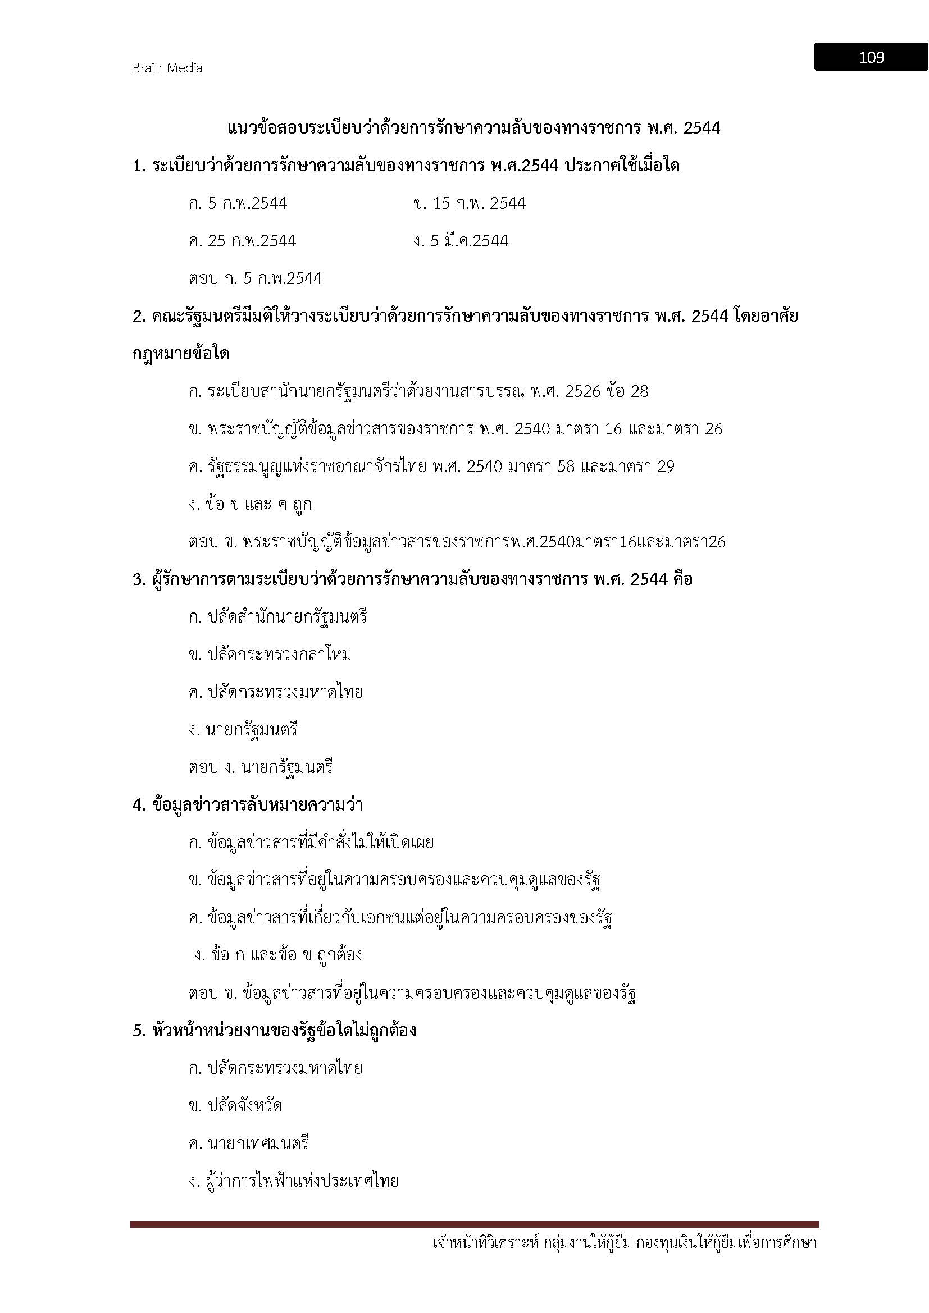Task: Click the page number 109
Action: click(871, 57)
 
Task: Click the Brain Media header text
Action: click(167, 68)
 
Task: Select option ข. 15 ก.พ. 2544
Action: click(469, 204)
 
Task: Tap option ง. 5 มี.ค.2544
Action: click(461, 241)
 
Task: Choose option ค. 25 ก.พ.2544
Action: click(242, 241)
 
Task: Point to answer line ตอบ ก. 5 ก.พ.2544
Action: click(255, 279)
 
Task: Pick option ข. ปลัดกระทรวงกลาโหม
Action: click(270, 655)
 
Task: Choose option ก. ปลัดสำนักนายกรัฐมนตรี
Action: click(277, 617)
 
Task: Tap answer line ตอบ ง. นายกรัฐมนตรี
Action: click(260, 767)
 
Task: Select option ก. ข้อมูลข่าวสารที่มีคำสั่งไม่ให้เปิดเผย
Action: click(311, 843)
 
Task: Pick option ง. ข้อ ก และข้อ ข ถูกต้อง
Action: click(278, 955)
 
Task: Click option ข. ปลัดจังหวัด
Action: click(235, 1106)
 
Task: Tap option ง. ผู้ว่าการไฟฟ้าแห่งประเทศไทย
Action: click(293, 1182)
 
